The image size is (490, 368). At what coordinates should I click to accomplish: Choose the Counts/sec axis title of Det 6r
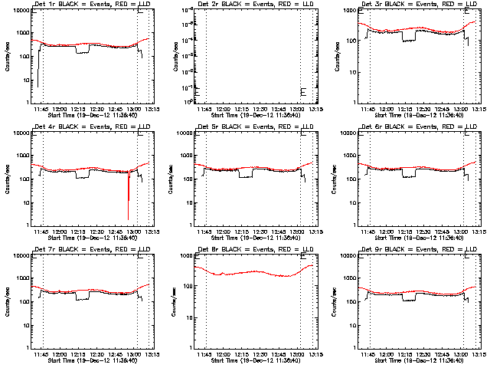point(332,178)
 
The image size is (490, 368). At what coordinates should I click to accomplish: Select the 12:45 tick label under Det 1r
point(117,108)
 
